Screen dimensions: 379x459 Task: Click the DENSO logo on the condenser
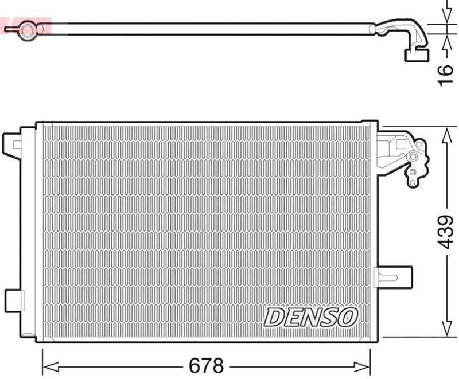click(310, 317)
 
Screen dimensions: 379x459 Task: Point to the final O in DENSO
click(348, 316)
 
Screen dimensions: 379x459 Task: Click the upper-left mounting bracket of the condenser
click(13, 142)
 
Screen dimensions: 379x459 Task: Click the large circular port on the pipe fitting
click(412, 157)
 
